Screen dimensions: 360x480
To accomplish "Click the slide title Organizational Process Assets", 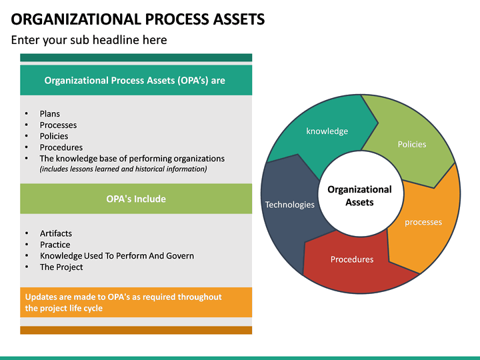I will (138, 19).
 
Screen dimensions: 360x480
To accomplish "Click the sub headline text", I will (89, 40).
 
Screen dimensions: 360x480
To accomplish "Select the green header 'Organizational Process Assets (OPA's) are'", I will (135, 80).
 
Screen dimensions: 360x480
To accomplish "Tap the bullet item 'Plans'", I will (49, 114).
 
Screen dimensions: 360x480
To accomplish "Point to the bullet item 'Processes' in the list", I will (58, 125).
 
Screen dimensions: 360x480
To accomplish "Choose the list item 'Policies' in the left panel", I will (54, 136).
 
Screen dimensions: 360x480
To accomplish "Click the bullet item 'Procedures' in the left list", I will (61, 147).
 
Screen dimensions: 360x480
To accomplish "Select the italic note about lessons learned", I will (123, 169).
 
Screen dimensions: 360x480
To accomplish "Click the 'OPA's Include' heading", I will (136, 199).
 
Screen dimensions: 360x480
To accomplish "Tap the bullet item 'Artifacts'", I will (56, 233).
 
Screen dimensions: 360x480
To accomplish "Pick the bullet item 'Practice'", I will (55, 245).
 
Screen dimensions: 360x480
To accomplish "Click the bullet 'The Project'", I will (61, 267).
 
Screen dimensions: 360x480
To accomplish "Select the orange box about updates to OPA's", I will (136, 303).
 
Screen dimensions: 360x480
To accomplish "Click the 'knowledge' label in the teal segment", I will (327, 131).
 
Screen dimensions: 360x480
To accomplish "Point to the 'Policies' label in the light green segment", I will (412, 144).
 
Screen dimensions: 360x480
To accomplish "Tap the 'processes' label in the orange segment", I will (423, 222).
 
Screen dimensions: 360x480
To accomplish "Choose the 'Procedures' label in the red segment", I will (352, 259).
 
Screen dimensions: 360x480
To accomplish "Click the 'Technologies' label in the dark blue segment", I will (289, 205).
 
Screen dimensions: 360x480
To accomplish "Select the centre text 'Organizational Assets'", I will (359, 196).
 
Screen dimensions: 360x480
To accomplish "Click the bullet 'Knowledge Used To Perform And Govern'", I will (117, 256).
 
